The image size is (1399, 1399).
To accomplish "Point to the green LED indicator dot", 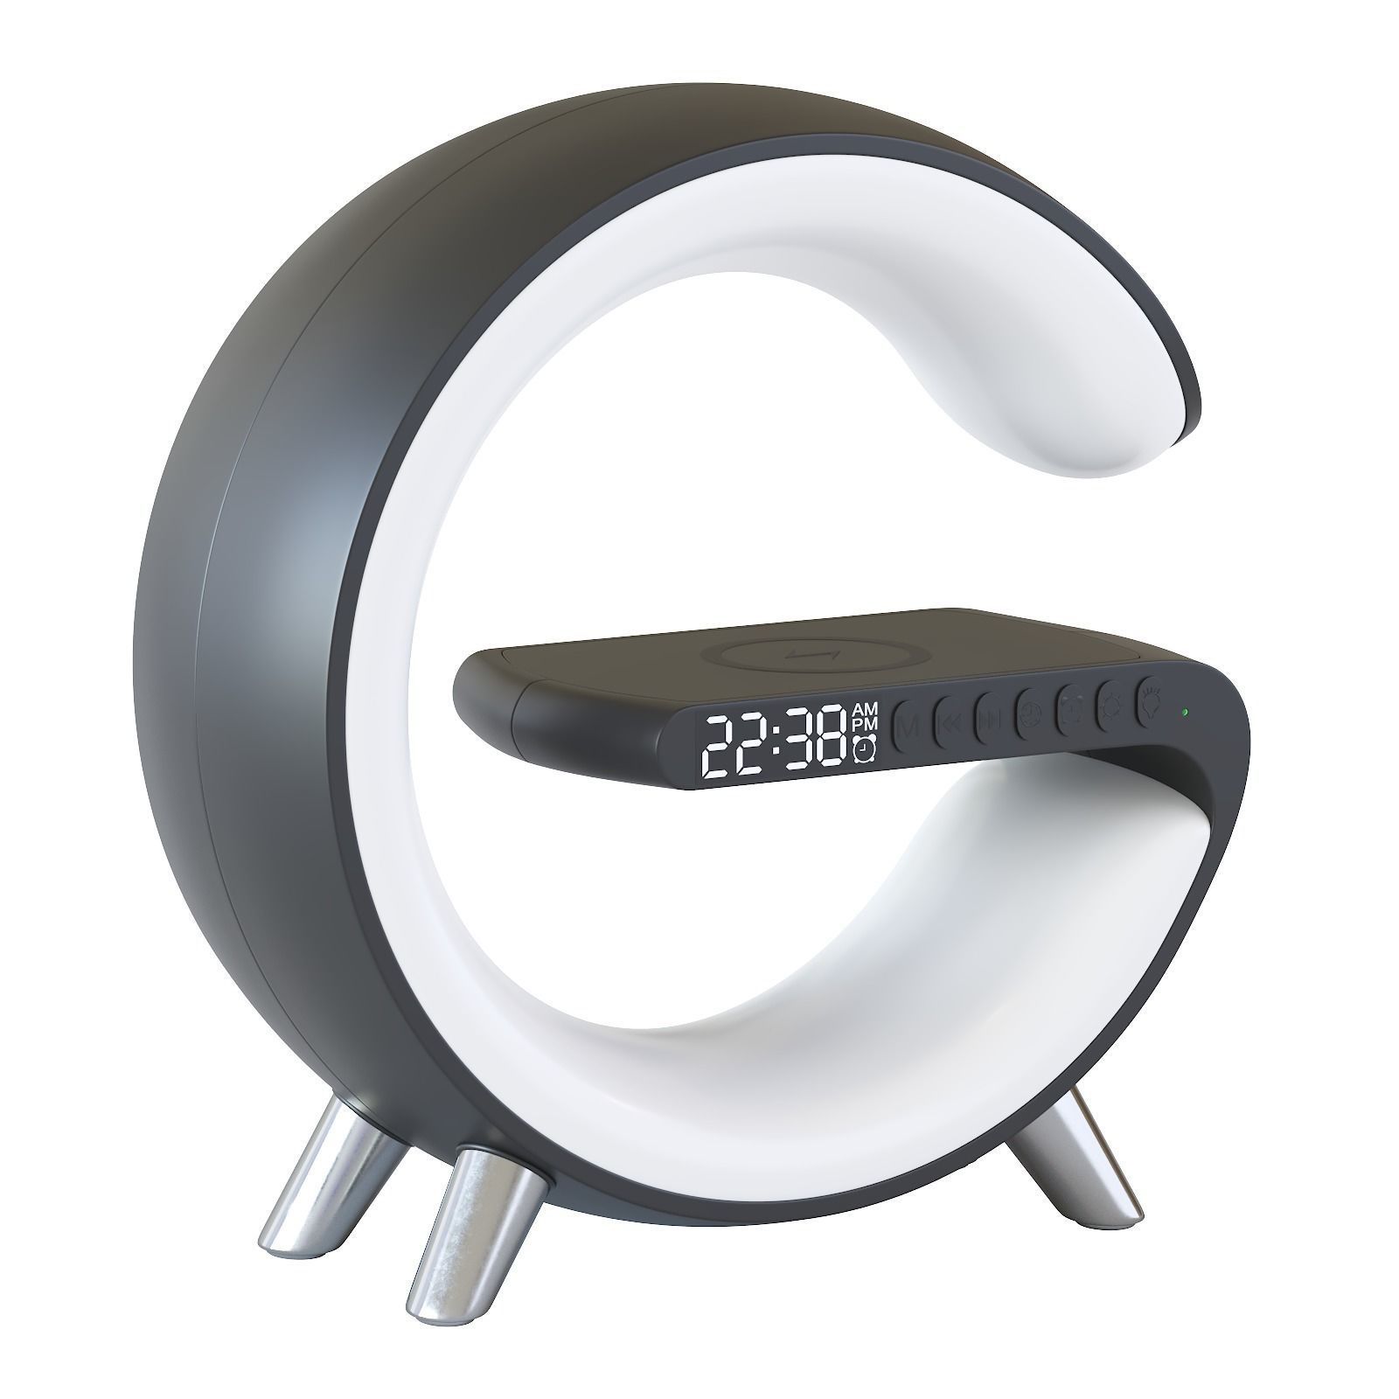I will point(1183,711).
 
